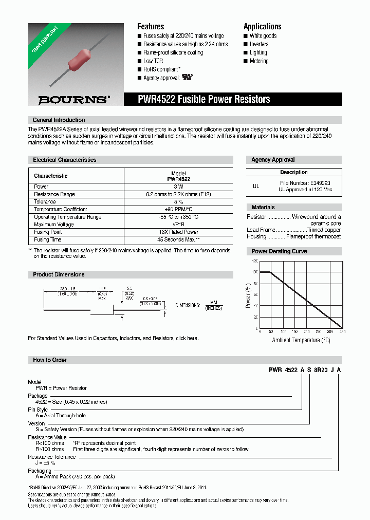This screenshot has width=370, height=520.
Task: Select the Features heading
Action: [x=151, y=26]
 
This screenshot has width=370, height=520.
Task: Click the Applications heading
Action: [x=262, y=26]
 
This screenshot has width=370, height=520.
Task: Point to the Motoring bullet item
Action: [x=258, y=61]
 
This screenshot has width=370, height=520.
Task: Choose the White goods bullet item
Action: [x=263, y=36]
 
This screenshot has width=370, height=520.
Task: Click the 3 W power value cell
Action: [x=178, y=187]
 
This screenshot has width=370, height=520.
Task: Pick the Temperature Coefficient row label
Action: [x=60, y=209]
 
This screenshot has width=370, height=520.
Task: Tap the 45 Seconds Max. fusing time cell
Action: [x=178, y=239]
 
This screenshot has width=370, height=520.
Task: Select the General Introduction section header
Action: [x=59, y=120]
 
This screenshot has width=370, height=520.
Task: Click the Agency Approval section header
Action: [x=273, y=160]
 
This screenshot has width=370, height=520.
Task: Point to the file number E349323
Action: [x=320, y=183]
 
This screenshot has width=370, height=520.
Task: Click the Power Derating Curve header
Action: [x=279, y=251]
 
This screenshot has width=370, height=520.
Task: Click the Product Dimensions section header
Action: [x=59, y=274]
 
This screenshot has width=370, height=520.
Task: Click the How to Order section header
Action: [x=50, y=360]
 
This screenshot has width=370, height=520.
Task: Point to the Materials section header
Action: [x=263, y=207]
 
